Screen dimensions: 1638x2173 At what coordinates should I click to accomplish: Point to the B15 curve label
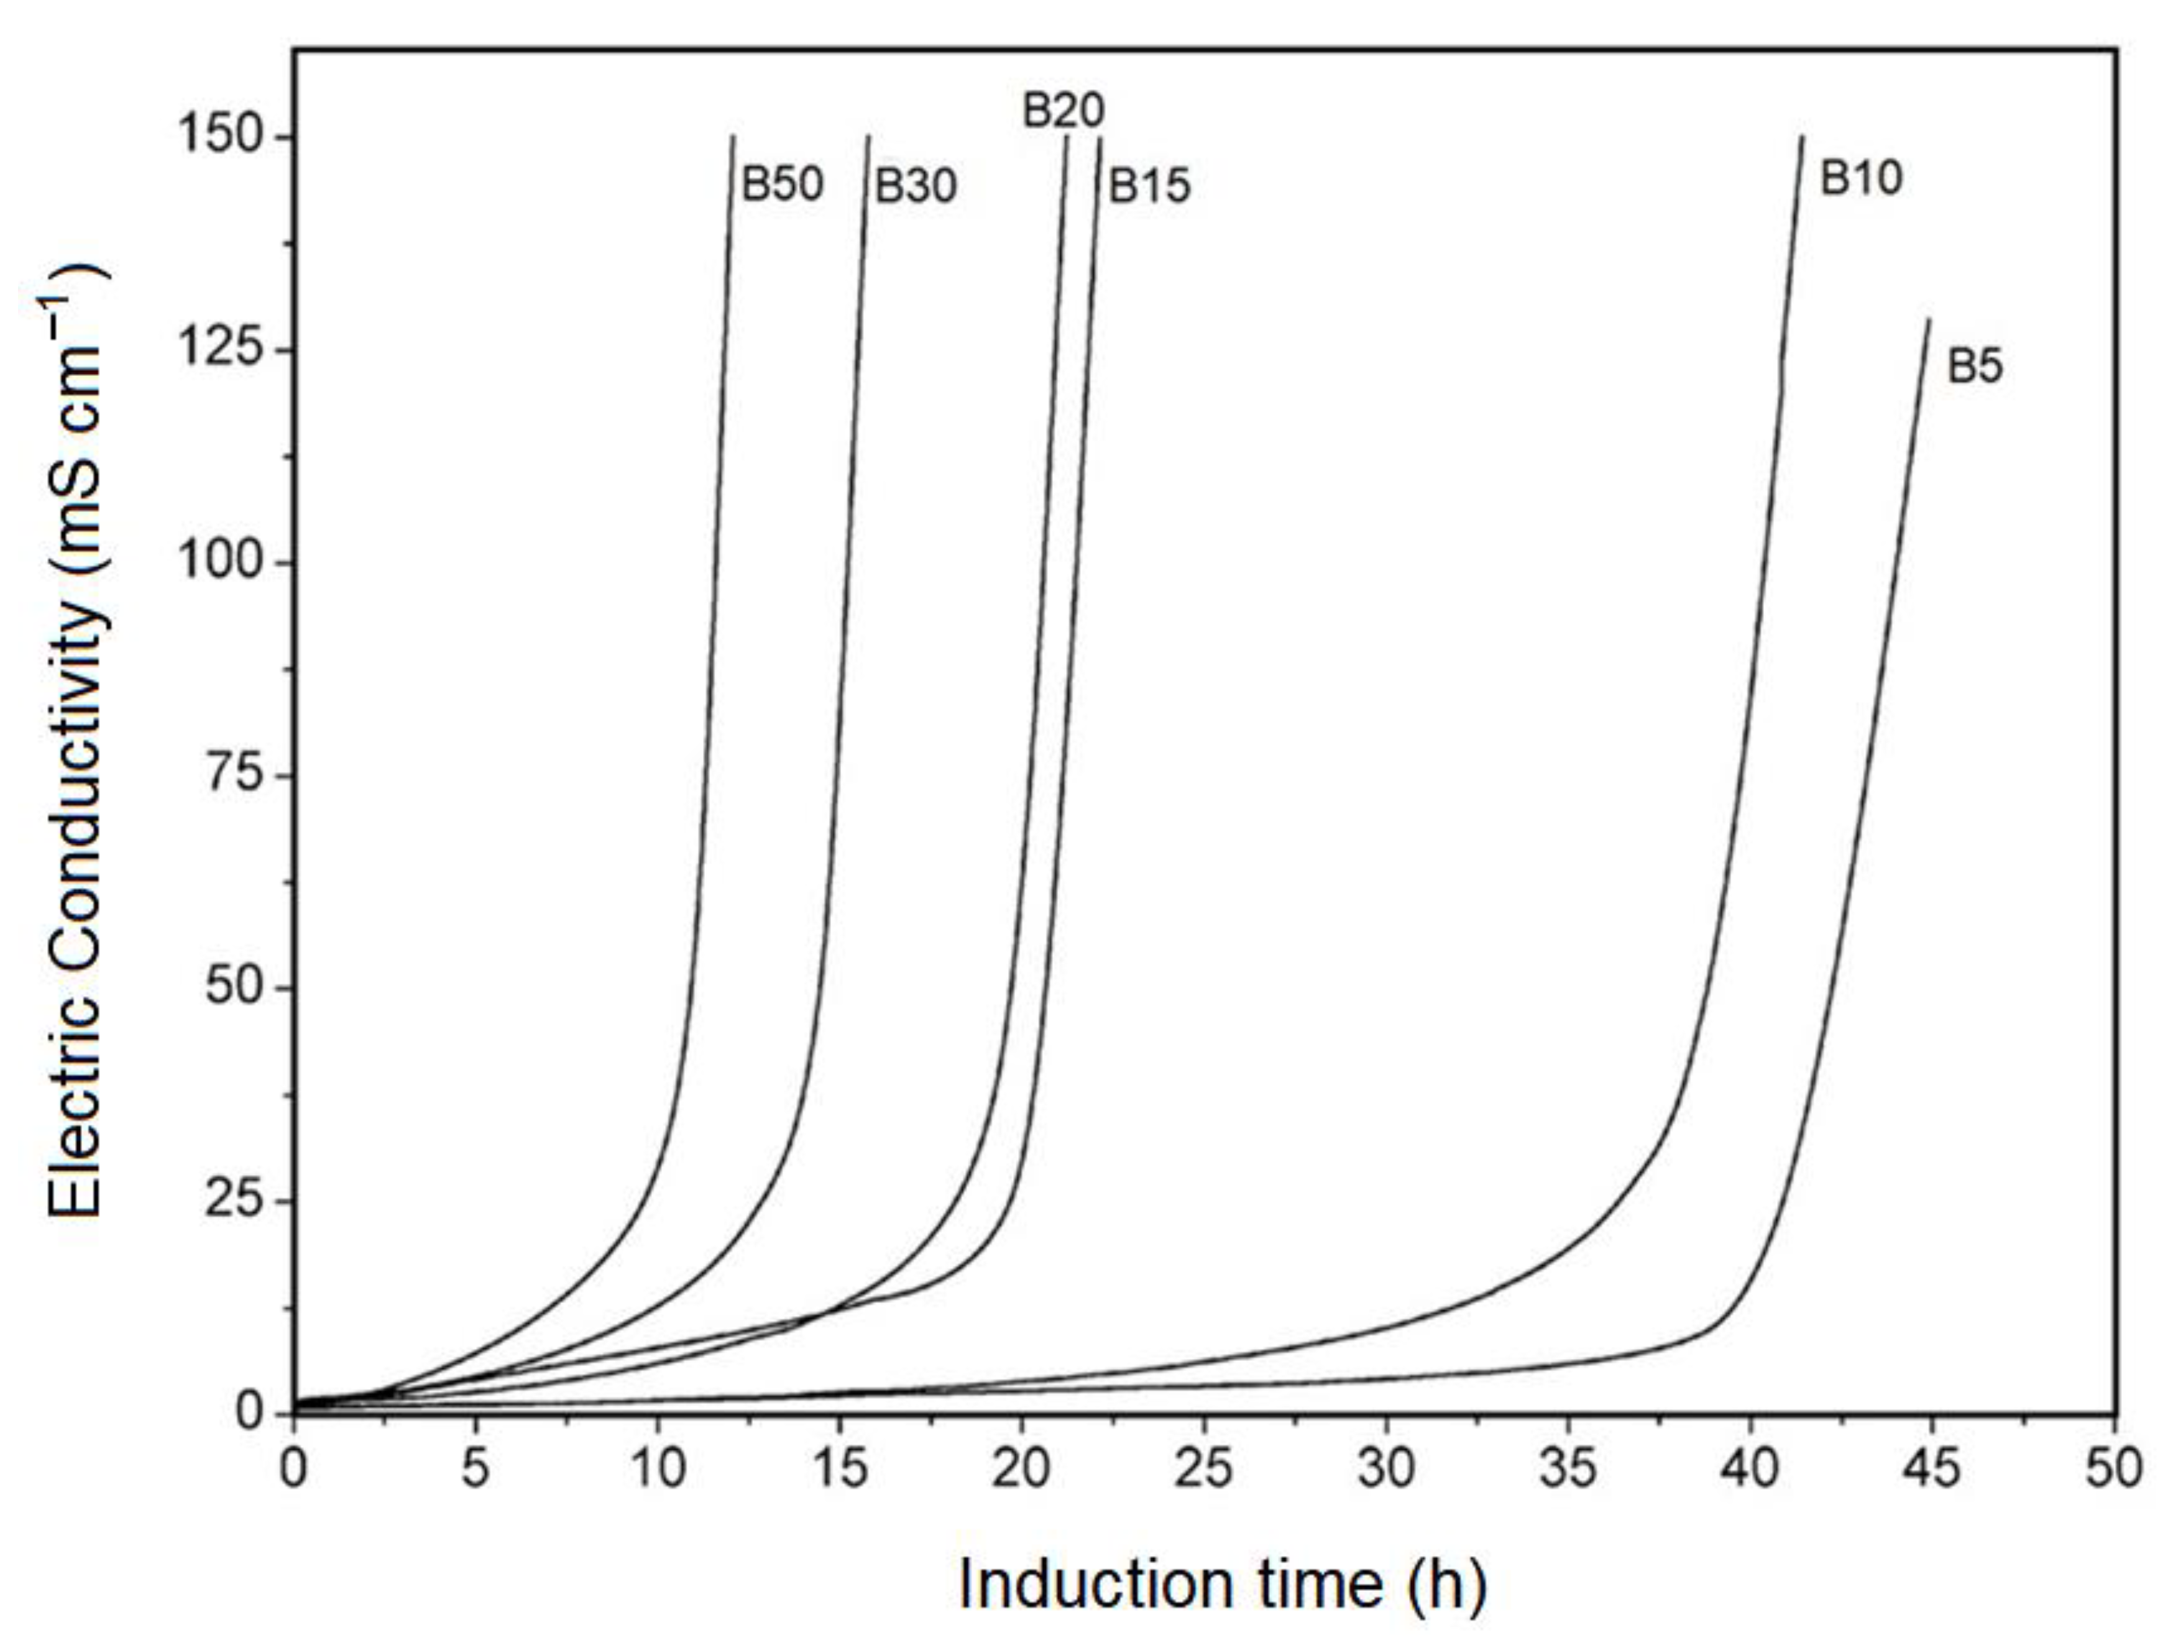tap(1149, 186)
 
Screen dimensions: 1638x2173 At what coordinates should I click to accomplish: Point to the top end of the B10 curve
tap(1803, 137)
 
